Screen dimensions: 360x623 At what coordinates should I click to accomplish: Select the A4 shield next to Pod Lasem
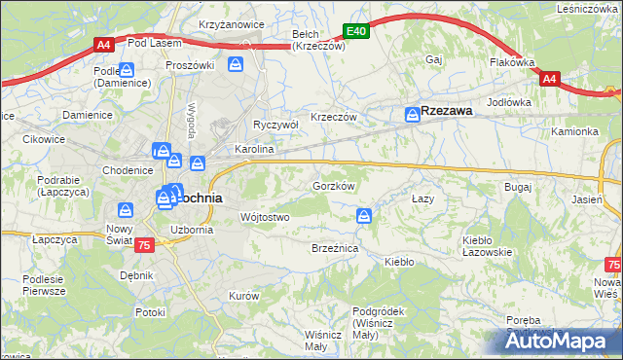coord(104,44)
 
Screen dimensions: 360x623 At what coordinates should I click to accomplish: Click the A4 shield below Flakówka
coord(549,79)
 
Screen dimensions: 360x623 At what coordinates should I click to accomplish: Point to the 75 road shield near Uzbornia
coord(144,245)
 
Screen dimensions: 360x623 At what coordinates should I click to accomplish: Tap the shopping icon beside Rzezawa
coord(412,115)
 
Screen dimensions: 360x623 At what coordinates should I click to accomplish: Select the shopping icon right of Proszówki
coord(236,64)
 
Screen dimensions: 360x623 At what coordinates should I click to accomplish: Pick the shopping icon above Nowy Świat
coord(126,209)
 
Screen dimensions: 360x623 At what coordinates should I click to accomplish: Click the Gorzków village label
coord(332,185)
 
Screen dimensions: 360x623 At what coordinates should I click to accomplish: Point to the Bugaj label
coord(516,185)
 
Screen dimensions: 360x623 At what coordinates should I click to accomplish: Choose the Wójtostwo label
coord(264,217)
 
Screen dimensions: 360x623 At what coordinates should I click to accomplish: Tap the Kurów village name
coord(242,295)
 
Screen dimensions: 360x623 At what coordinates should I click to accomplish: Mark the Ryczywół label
coord(275,125)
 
